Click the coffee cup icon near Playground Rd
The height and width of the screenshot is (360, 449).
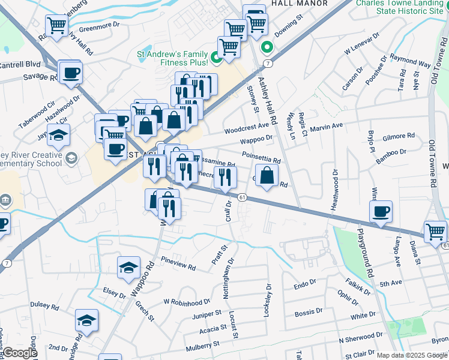381,211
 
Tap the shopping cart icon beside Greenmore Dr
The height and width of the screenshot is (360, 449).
56,26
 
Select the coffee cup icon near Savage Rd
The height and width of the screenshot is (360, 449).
70,73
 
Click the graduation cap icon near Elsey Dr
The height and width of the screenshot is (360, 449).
128,268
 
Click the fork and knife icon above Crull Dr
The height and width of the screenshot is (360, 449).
225,176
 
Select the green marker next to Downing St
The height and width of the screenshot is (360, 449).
265,49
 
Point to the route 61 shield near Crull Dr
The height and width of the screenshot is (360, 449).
242,197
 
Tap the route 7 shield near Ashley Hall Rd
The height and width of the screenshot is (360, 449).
268,63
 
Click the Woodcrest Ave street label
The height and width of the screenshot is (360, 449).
246,128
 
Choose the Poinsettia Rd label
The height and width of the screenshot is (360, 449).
261,157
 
